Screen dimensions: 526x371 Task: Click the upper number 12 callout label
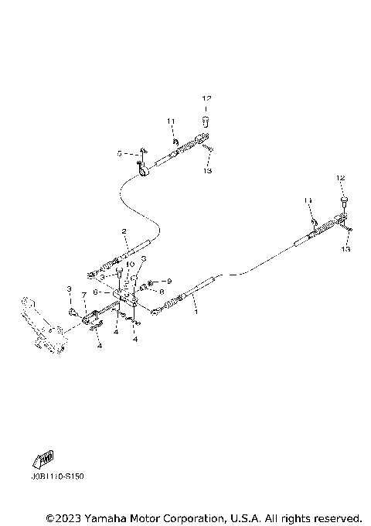pyautogui.click(x=206, y=99)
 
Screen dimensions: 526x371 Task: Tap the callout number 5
pyautogui.click(x=121, y=154)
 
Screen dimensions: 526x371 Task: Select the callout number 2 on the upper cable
pyautogui.click(x=124, y=232)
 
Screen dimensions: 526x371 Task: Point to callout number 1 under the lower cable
pyautogui.click(x=196, y=313)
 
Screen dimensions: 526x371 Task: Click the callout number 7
pyautogui.click(x=83, y=295)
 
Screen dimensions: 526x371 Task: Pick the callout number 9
pyautogui.click(x=170, y=281)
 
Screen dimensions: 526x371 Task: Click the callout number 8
pyautogui.click(x=162, y=292)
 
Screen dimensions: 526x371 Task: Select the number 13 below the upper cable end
pyautogui.click(x=207, y=171)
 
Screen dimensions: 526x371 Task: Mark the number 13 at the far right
pyautogui.click(x=345, y=250)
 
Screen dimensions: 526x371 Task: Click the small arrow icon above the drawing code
pyautogui.click(x=43, y=460)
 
